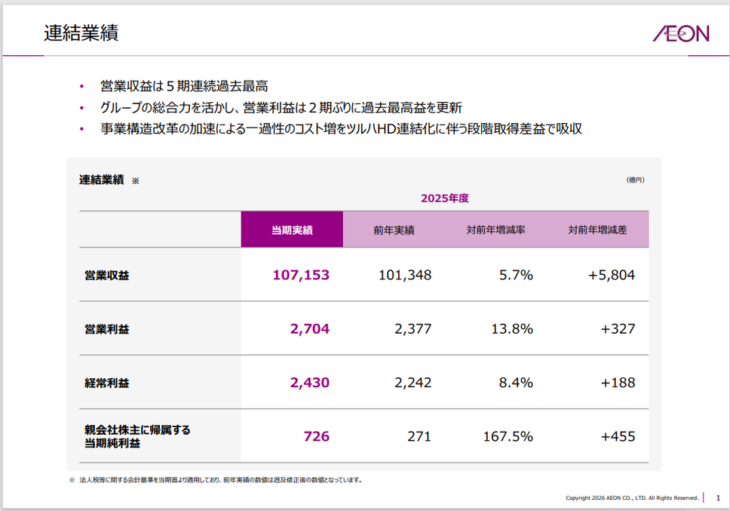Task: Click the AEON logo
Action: point(680,33)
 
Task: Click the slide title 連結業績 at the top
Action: point(81,33)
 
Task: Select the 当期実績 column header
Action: point(292,230)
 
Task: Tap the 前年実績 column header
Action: point(394,230)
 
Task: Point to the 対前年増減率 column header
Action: point(495,230)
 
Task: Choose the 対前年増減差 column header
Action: point(597,230)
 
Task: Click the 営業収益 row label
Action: point(107,276)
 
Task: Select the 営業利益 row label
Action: point(107,329)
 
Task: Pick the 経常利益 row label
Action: point(107,383)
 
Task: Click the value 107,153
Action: point(301,275)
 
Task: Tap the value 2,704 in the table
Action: point(309,328)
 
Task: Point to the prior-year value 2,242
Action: point(413,383)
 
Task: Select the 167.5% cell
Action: point(508,436)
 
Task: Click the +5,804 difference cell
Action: point(612,275)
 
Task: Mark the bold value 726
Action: point(317,436)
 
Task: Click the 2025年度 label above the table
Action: point(445,198)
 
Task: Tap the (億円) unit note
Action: point(635,180)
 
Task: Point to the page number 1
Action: point(718,497)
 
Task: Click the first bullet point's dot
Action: point(81,86)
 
